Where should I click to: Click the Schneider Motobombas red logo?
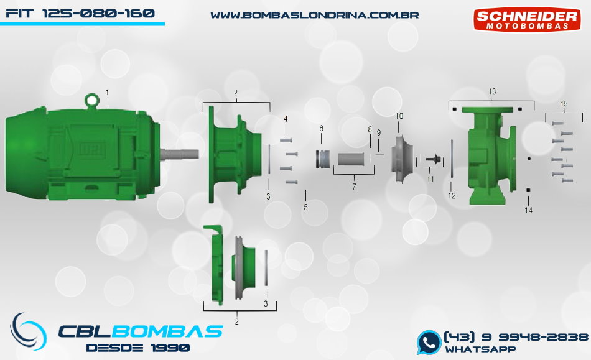tap(526, 19)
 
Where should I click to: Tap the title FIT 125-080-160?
tap(80, 14)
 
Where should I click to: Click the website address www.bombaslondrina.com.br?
tap(314, 15)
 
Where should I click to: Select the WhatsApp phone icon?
tap(429, 343)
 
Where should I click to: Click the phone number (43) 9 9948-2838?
tap(516, 336)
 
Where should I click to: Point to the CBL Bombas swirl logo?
tap(28, 331)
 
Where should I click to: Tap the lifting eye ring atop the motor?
tap(91, 100)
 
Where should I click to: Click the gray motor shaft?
tap(179, 154)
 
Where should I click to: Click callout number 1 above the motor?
tap(108, 93)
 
